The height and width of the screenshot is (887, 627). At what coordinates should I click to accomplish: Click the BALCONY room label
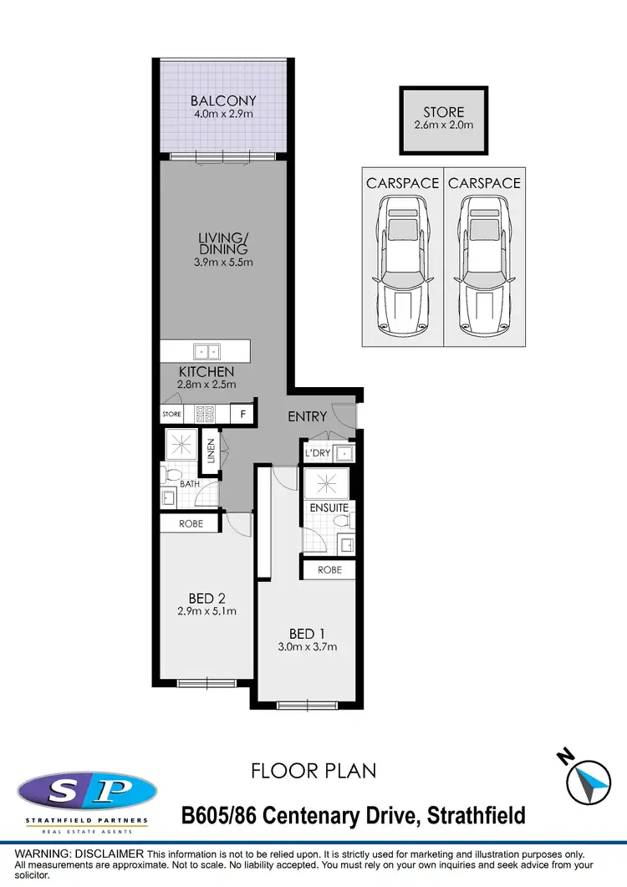223,101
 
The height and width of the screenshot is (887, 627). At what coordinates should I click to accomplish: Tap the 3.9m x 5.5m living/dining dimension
223,262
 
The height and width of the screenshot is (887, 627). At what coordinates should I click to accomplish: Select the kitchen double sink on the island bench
205,351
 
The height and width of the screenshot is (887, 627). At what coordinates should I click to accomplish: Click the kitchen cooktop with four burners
205,413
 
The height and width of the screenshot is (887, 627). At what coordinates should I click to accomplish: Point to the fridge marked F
243,413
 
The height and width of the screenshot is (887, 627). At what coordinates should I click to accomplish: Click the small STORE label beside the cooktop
171,413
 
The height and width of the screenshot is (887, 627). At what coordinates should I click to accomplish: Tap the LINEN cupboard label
211,451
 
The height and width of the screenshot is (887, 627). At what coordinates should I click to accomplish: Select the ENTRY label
308,416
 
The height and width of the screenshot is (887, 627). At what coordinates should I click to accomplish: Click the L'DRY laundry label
320,453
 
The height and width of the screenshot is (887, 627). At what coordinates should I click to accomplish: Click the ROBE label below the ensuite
329,569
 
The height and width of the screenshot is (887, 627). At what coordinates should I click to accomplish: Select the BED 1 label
307,633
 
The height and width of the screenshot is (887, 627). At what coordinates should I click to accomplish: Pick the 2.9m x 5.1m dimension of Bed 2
206,611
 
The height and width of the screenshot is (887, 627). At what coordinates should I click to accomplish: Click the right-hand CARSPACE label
485,182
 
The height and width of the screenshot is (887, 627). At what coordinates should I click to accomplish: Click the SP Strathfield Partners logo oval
87,790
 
